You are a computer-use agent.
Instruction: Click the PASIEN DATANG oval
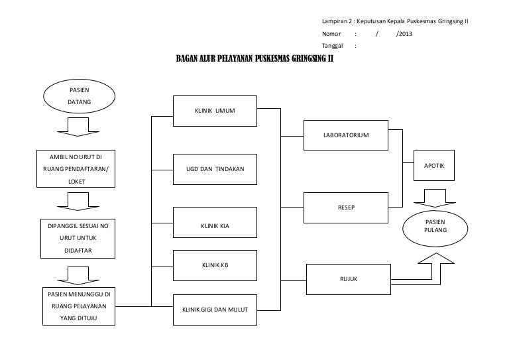[80, 96]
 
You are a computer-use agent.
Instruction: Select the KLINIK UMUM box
[215, 111]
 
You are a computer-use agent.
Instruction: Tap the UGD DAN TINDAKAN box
[215, 170]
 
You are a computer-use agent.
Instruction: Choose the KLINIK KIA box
[215, 222]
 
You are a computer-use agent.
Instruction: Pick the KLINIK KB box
[215, 266]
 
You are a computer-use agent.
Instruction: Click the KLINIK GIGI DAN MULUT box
[215, 310]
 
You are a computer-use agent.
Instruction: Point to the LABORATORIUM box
[346, 135]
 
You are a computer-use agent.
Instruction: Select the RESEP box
[346, 208]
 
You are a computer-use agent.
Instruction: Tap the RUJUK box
[349, 280]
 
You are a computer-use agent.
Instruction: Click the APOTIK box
[434, 166]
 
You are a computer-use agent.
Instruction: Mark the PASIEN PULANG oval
[435, 229]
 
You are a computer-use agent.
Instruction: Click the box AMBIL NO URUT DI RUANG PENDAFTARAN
[76, 169]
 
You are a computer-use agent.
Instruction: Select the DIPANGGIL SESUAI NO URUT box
[78, 239]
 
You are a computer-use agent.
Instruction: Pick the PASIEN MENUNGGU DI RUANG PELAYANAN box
[79, 306]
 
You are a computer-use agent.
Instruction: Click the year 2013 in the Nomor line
[406, 34]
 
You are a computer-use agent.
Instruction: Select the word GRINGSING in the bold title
[309, 58]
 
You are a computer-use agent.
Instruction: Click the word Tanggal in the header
[333, 46]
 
